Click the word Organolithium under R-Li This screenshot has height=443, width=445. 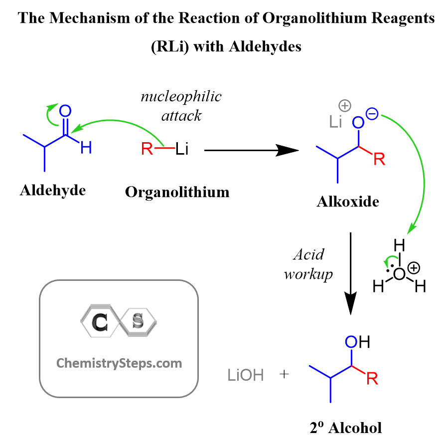[x=177, y=193]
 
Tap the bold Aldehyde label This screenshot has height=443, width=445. [x=53, y=191]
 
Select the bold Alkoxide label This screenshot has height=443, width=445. [x=348, y=202]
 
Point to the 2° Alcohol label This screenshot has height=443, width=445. [x=346, y=428]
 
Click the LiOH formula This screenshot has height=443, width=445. [x=246, y=375]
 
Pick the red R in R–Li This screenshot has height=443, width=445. [x=147, y=149]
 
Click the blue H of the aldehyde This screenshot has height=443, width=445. [x=86, y=148]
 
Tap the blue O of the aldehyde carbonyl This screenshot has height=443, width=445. [x=65, y=111]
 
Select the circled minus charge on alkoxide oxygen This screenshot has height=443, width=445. [x=372, y=114]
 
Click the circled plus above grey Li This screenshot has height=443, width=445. [x=345, y=106]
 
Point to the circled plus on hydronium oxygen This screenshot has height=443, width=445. [x=414, y=268]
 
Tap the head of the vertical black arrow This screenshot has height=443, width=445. [x=350, y=303]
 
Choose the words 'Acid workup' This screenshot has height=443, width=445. [x=308, y=264]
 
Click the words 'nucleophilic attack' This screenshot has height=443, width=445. [x=181, y=106]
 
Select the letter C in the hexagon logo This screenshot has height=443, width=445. [x=100, y=322]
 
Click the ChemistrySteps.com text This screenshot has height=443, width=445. [x=119, y=364]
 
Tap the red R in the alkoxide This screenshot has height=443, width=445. [x=379, y=159]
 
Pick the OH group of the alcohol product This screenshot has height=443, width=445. [x=358, y=342]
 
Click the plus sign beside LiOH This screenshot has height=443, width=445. [x=284, y=374]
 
